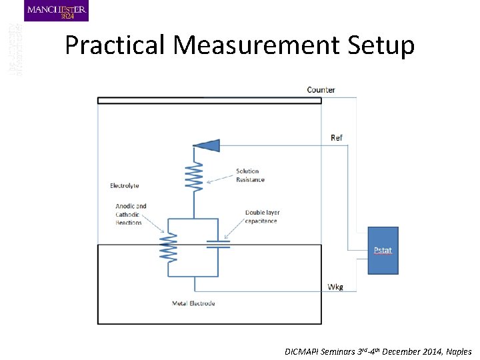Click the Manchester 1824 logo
pos(56,11)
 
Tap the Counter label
pos(321,89)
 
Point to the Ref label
pos(337,138)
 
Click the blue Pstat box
pos(383,251)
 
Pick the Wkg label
pos(336,287)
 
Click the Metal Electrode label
pos(193,304)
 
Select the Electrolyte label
pos(125,185)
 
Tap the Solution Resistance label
pos(250,175)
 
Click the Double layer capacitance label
pos(262,217)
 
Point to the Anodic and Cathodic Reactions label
pos(131,215)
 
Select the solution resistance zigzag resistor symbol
pos(195,179)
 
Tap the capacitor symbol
pos(217,245)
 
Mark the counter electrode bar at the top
pos(209,101)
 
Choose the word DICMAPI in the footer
pos(303,351)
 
